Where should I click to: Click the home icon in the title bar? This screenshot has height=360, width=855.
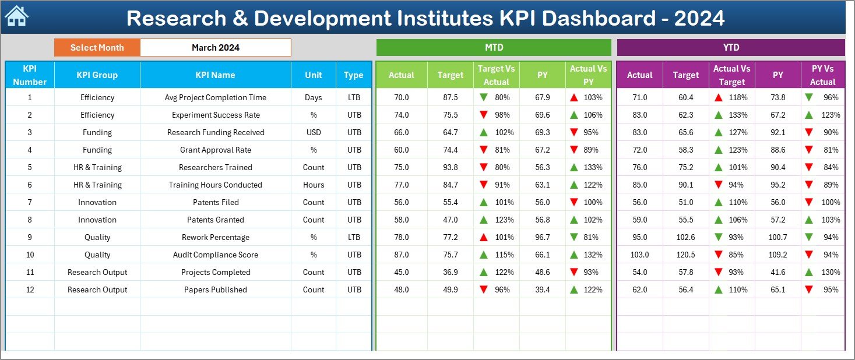click(x=16, y=17)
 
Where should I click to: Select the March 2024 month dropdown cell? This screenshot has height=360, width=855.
click(x=216, y=48)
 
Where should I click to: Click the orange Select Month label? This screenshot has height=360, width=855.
click(x=97, y=48)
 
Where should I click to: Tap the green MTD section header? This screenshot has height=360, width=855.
click(x=494, y=48)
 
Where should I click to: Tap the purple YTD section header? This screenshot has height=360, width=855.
click(x=730, y=48)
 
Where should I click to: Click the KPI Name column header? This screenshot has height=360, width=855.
click(x=216, y=75)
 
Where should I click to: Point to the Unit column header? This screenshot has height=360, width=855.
click(x=314, y=75)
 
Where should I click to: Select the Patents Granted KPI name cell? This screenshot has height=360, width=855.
click(x=216, y=220)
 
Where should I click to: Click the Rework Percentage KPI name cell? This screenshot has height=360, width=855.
click(x=216, y=237)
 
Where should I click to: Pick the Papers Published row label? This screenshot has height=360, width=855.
click(x=216, y=290)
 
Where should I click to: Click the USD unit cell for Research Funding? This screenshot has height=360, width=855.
click(x=314, y=132)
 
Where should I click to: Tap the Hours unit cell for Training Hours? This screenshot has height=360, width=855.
click(x=314, y=185)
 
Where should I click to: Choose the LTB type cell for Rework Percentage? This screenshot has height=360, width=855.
click(x=354, y=237)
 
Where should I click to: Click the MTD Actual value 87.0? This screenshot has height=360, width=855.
click(x=401, y=255)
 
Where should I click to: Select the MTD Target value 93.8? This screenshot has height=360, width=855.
click(x=450, y=167)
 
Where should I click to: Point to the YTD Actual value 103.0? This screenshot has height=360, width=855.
click(x=639, y=255)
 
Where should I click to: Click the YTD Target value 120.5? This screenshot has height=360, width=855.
click(x=685, y=255)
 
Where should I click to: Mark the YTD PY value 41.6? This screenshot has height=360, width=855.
click(x=777, y=272)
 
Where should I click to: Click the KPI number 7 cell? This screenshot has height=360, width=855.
click(x=30, y=202)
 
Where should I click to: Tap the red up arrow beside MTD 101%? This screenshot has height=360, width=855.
click(x=483, y=238)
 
